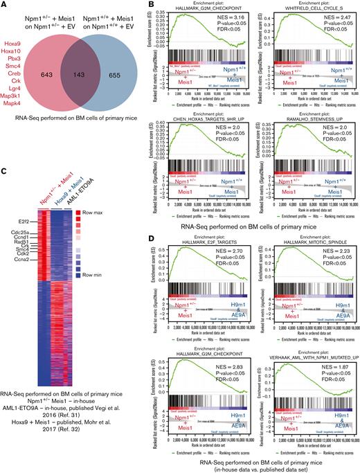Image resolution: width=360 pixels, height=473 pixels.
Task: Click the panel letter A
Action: pyautogui.click(x=5, y=6)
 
